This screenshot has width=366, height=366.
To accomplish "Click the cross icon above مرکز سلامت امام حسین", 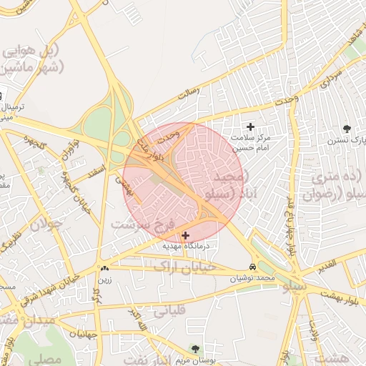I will click(x=250, y=127).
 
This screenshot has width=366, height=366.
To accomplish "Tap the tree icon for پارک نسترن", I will click(x=347, y=129).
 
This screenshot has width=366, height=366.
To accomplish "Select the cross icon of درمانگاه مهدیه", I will click(x=186, y=235).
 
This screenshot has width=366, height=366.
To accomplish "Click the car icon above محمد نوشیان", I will click(x=252, y=267).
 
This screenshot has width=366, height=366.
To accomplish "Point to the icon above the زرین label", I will click(x=105, y=269).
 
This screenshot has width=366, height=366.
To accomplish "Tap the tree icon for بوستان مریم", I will click(x=195, y=349).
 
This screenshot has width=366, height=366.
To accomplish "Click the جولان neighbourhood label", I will click(x=46, y=224).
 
